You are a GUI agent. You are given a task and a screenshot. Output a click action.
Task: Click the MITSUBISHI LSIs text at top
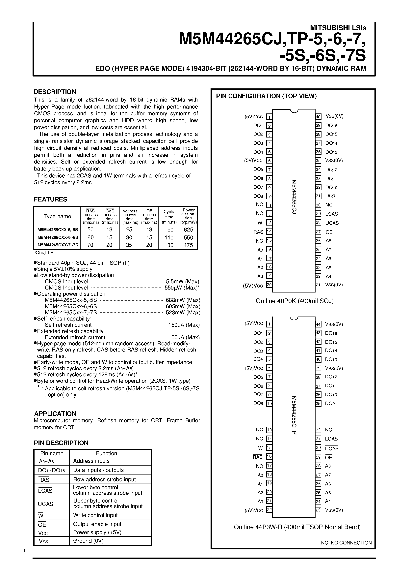[338, 28]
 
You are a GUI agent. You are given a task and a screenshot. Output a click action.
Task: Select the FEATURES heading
[51, 199]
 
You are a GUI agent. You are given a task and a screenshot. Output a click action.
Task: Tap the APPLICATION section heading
[55, 414]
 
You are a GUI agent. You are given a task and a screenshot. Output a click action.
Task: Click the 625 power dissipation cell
[188, 230]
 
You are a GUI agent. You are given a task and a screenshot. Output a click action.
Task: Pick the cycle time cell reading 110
[169, 238]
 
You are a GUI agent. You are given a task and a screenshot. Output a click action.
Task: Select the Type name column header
[57, 216]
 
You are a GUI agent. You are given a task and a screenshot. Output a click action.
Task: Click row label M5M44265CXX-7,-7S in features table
[58, 245]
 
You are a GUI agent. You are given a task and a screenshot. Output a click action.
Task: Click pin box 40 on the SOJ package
[318, 117]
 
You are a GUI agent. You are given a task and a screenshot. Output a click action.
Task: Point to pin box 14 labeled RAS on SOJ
[269, 231]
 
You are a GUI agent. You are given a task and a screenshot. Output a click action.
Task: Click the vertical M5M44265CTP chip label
[294, 415]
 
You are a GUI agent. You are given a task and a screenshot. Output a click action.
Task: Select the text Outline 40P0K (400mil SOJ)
[295, 301]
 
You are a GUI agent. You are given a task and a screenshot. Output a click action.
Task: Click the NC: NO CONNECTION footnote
[346, 543]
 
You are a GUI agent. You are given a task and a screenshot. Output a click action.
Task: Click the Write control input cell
[95, 515]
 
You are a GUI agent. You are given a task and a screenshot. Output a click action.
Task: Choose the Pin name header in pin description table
[52, 453]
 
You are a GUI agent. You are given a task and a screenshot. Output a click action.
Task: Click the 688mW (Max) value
[183, 300]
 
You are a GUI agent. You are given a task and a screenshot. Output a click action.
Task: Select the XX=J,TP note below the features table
[44, 253]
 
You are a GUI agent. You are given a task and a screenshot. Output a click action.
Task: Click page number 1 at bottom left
[25, 551]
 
